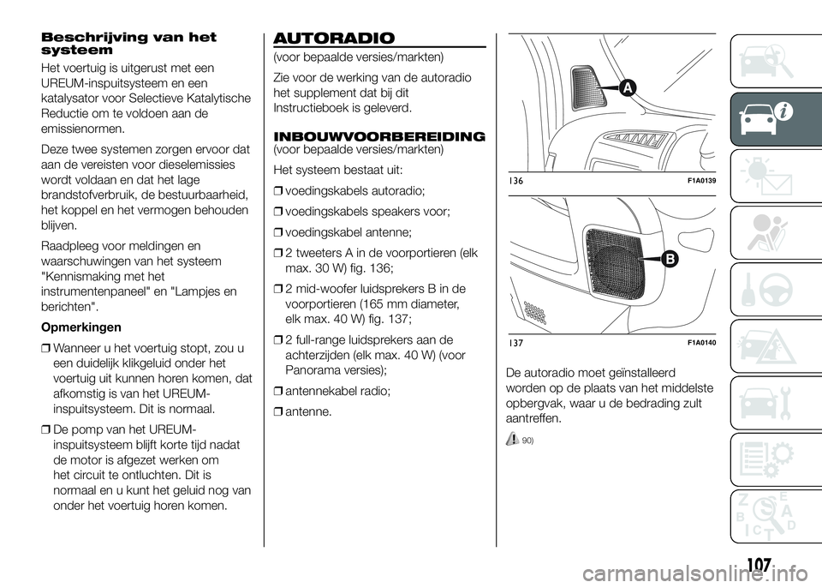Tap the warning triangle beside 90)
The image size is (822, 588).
coord(512,438)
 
